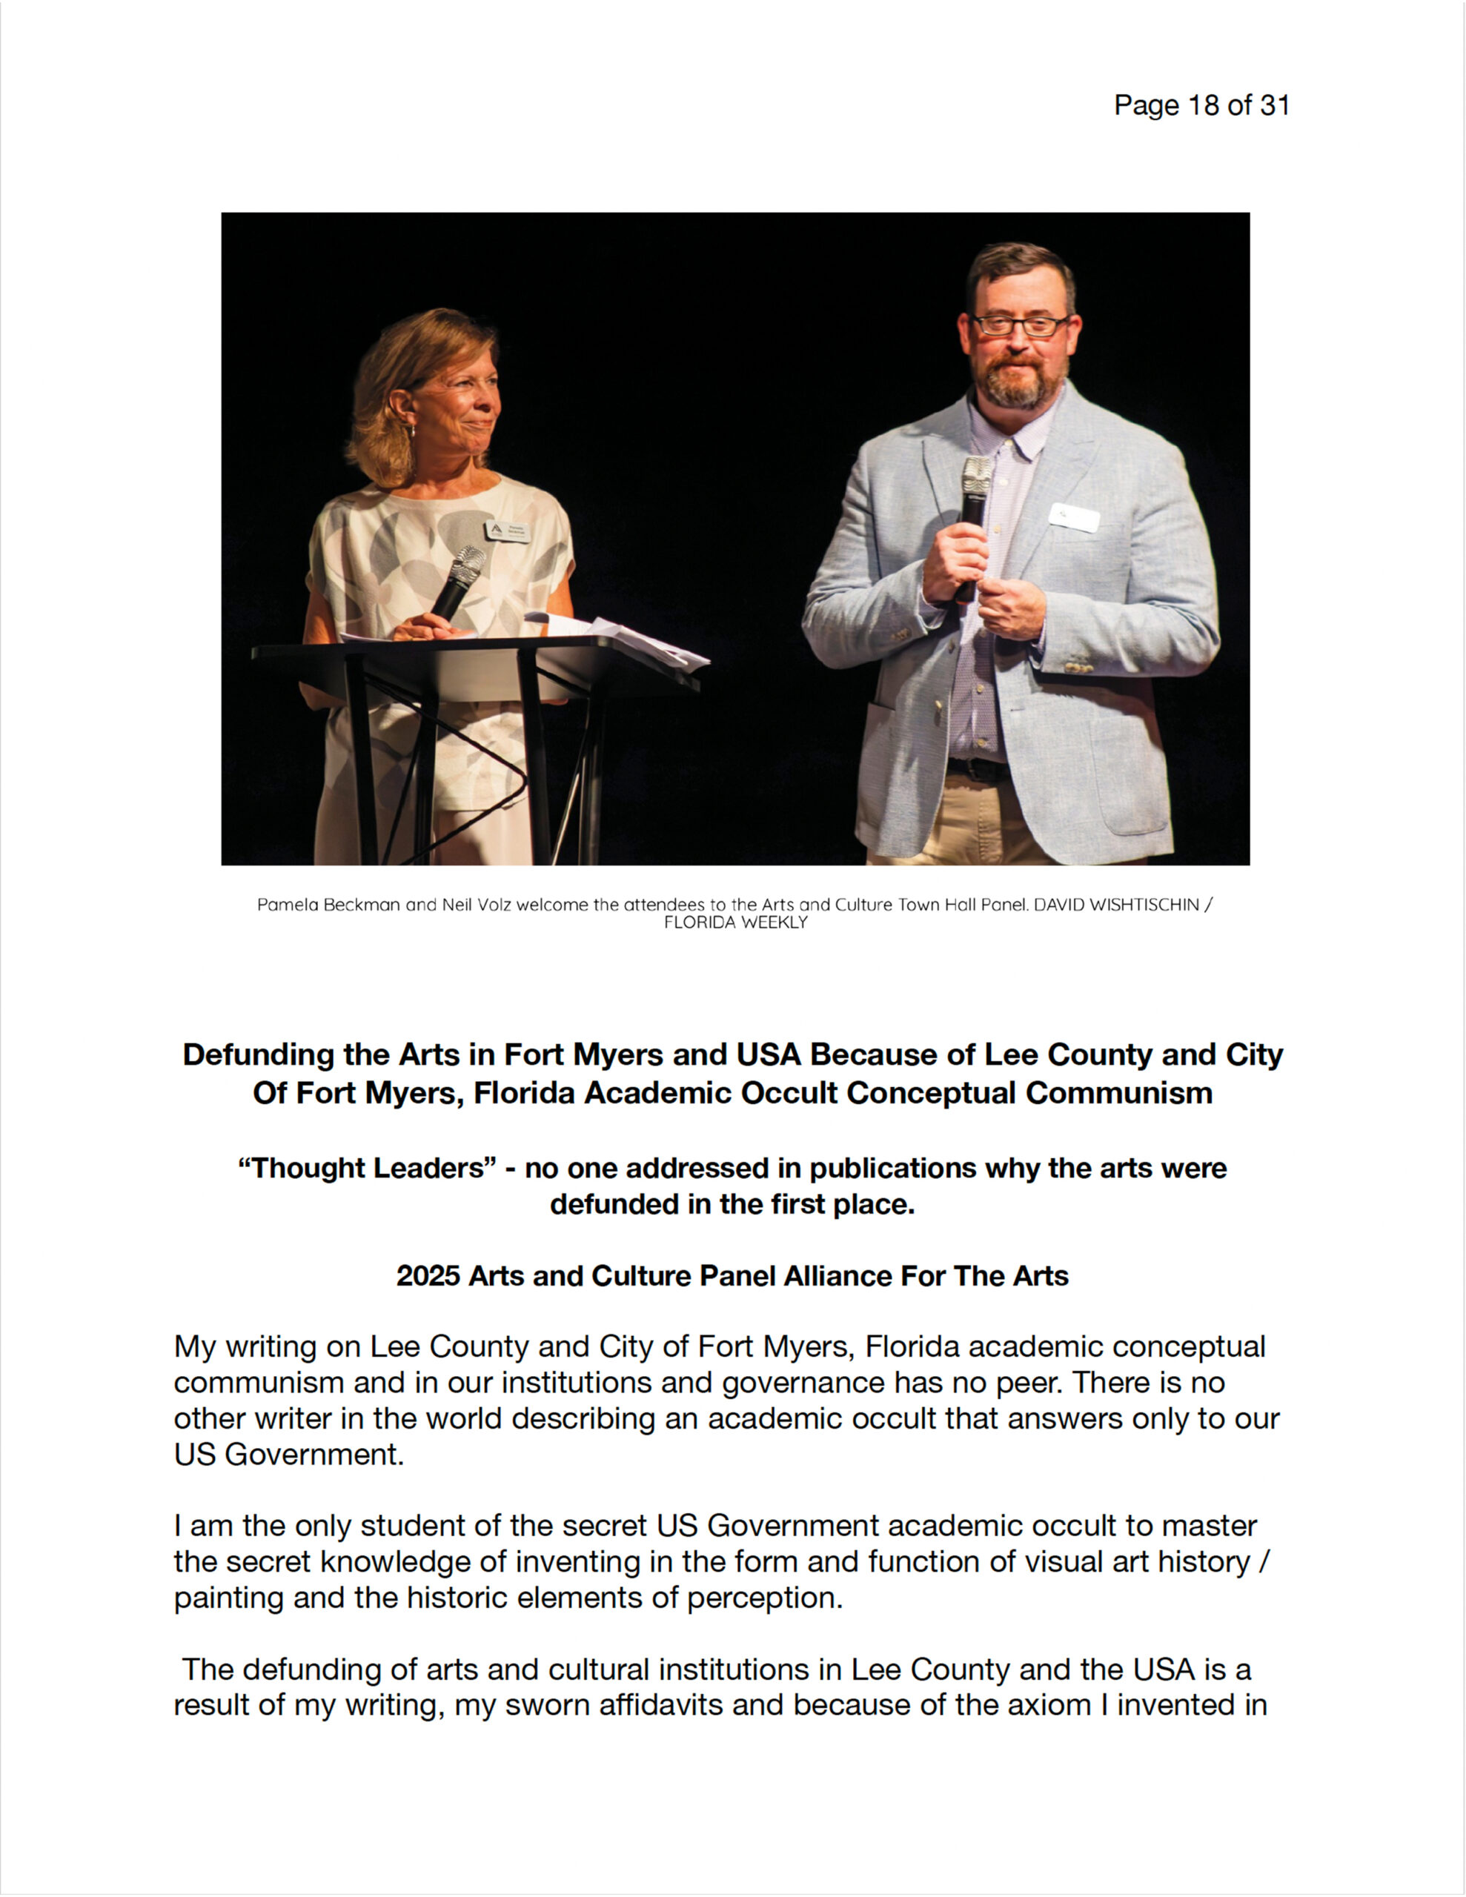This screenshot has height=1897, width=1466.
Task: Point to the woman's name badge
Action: click(508, 531)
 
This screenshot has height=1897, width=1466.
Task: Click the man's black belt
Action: click(978, 768)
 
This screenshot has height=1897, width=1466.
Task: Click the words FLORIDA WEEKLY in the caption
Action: click(735, 923)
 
